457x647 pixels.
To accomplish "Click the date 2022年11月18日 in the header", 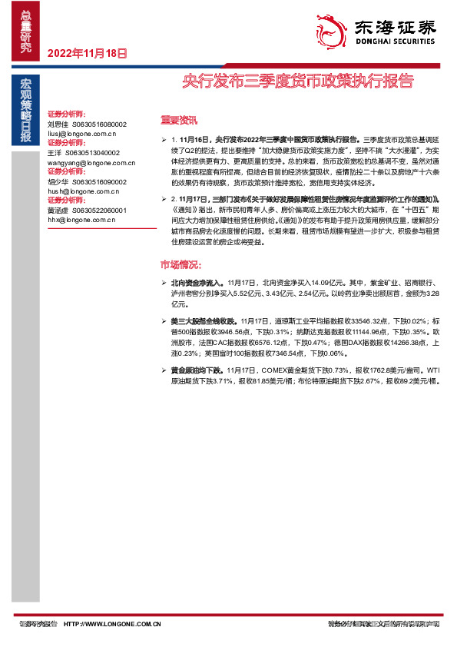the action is [x=87, y=54].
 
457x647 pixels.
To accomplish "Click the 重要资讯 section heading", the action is [x=179, y=121].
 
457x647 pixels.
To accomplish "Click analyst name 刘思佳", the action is [x=58, y=124].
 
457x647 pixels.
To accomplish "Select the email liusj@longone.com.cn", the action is [x=81, y=133].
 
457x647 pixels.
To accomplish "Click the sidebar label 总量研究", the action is [x=26, y=32].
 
